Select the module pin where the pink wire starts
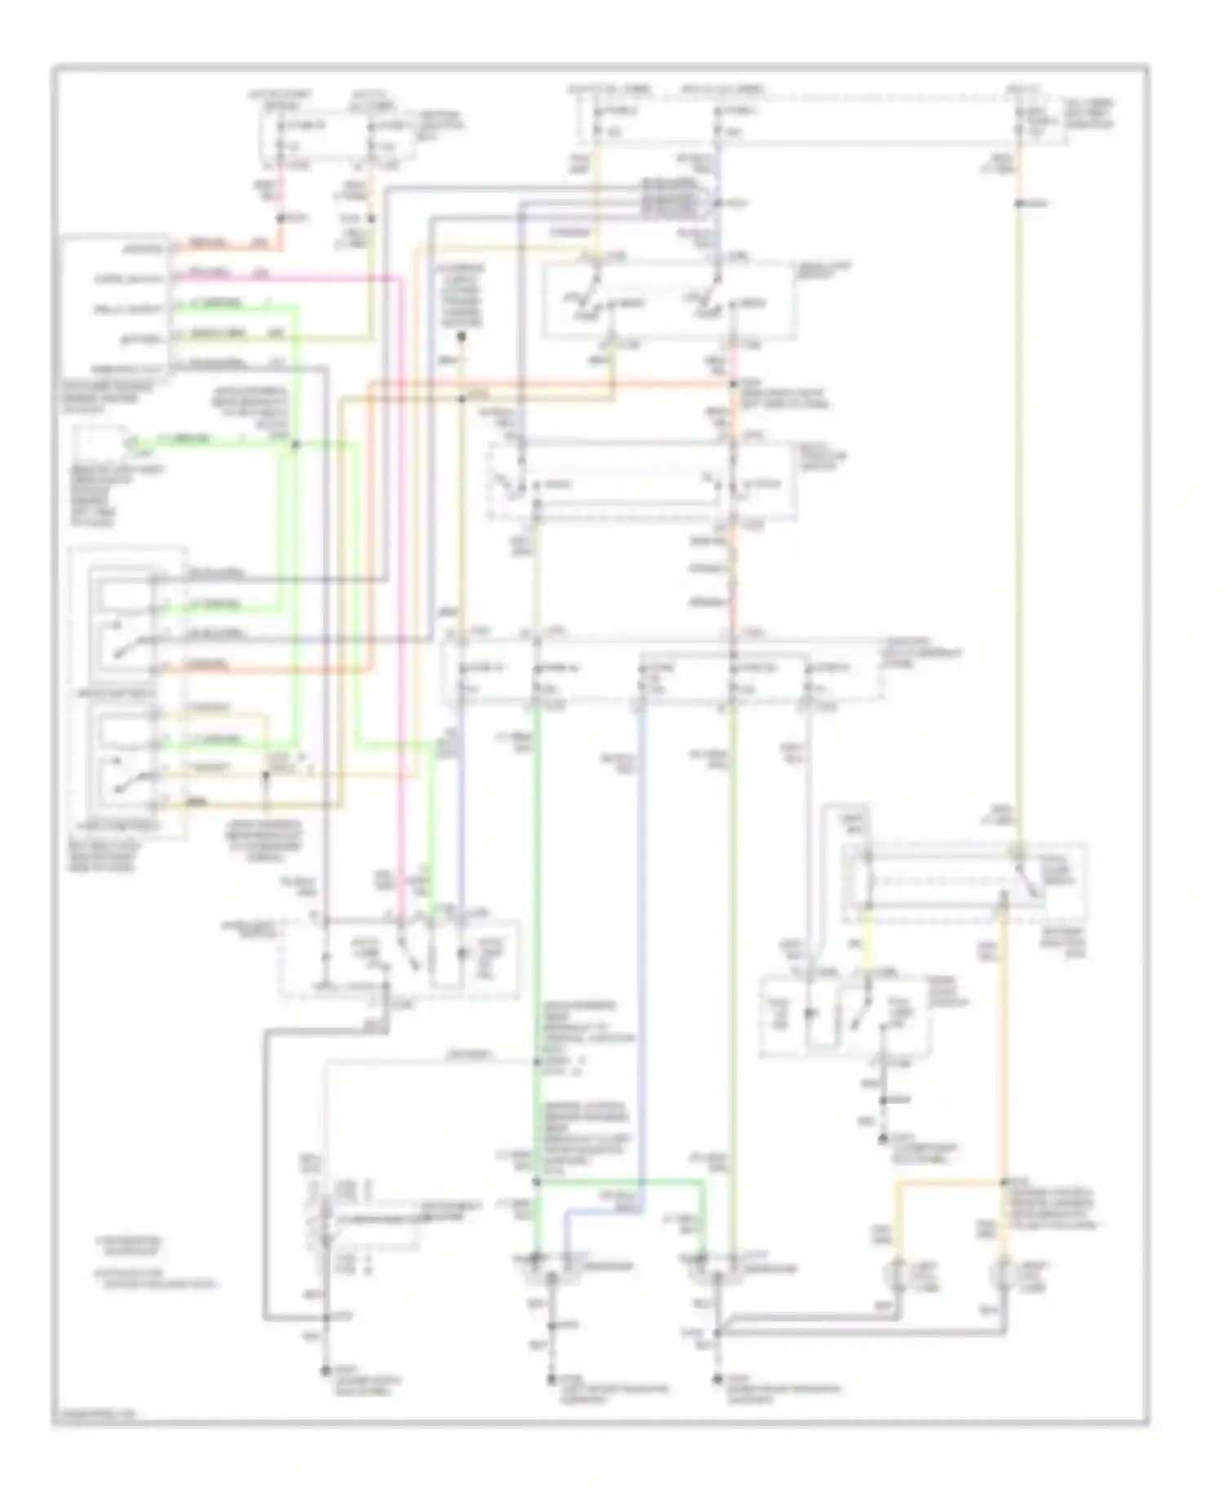click(x=173, y=278)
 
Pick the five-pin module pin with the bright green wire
click(x=173, y=308)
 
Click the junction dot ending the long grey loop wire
click(x=326, y=1317)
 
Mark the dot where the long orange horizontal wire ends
click(x=734, y=383)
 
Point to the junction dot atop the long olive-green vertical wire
click(x=1018, y=202)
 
